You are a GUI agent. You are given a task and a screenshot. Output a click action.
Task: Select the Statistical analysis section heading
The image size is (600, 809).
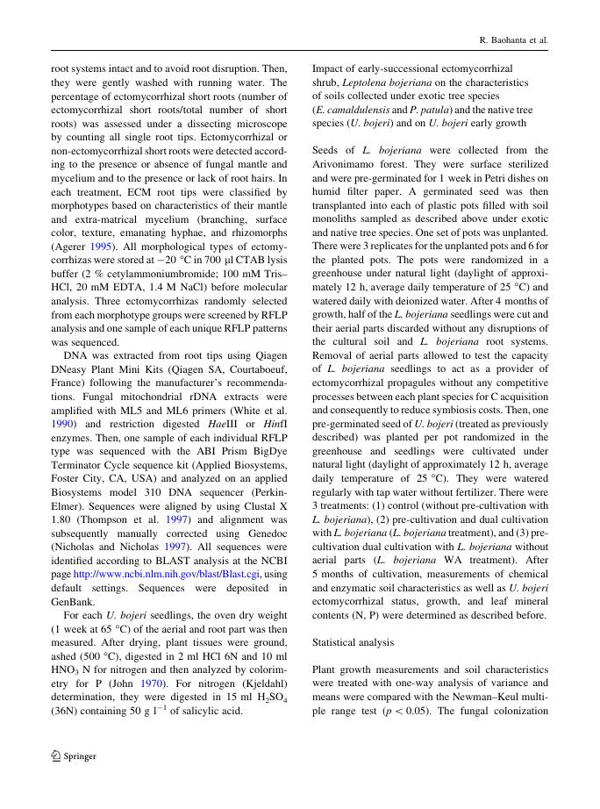(354, 642)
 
